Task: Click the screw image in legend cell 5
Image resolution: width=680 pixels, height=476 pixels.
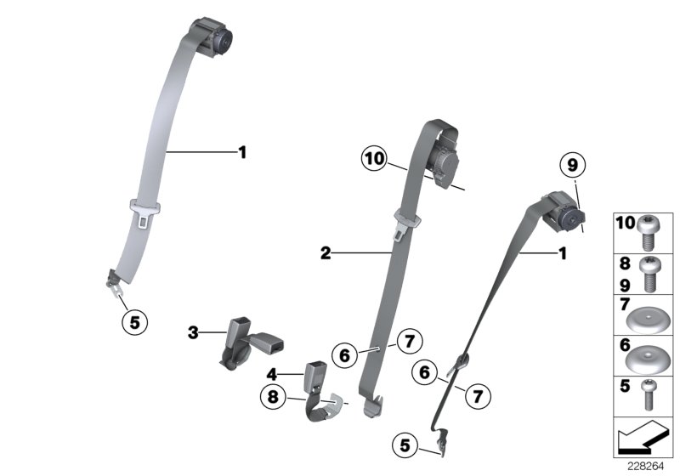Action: pyautogui.click(x=650, y=395)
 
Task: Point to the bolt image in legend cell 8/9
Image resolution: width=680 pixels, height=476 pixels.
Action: pyautogui.click(x=650, y=269)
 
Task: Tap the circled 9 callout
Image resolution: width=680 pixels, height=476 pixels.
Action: pyautogui.click(x=572, y=165)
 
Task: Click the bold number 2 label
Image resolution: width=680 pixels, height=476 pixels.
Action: pyautogui.click(x=325, y=252)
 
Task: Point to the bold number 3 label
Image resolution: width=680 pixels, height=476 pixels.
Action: pyautogui.click(x=193, y=332)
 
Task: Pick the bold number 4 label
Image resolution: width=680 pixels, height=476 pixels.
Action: pyautogui.click(x=273, y=373)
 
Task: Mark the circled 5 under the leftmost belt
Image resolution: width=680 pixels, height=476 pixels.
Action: pyautogui.click(x=133, y=321)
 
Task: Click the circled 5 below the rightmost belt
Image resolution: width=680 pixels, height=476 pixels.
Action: pyautogui.click(x=407, y=444)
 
